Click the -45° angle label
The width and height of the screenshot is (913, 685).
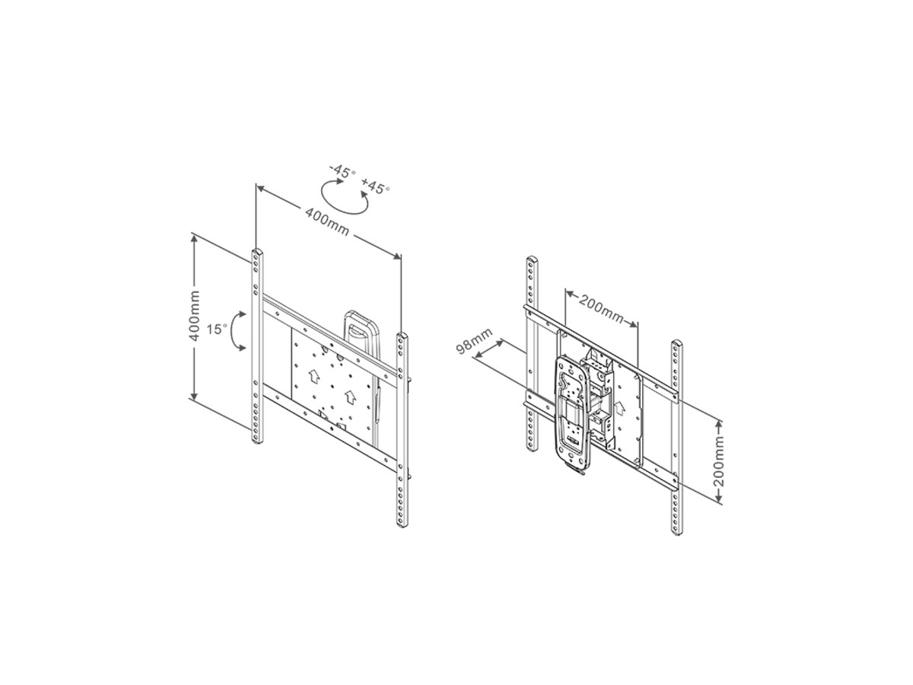(x=342, y=171)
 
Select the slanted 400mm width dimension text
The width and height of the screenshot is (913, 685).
(x=327, y=221)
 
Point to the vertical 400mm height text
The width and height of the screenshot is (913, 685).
(x=195, y=316)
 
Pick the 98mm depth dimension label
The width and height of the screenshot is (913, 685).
(x=474, y=341)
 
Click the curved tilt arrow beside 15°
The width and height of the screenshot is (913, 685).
(x=234, y=330)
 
